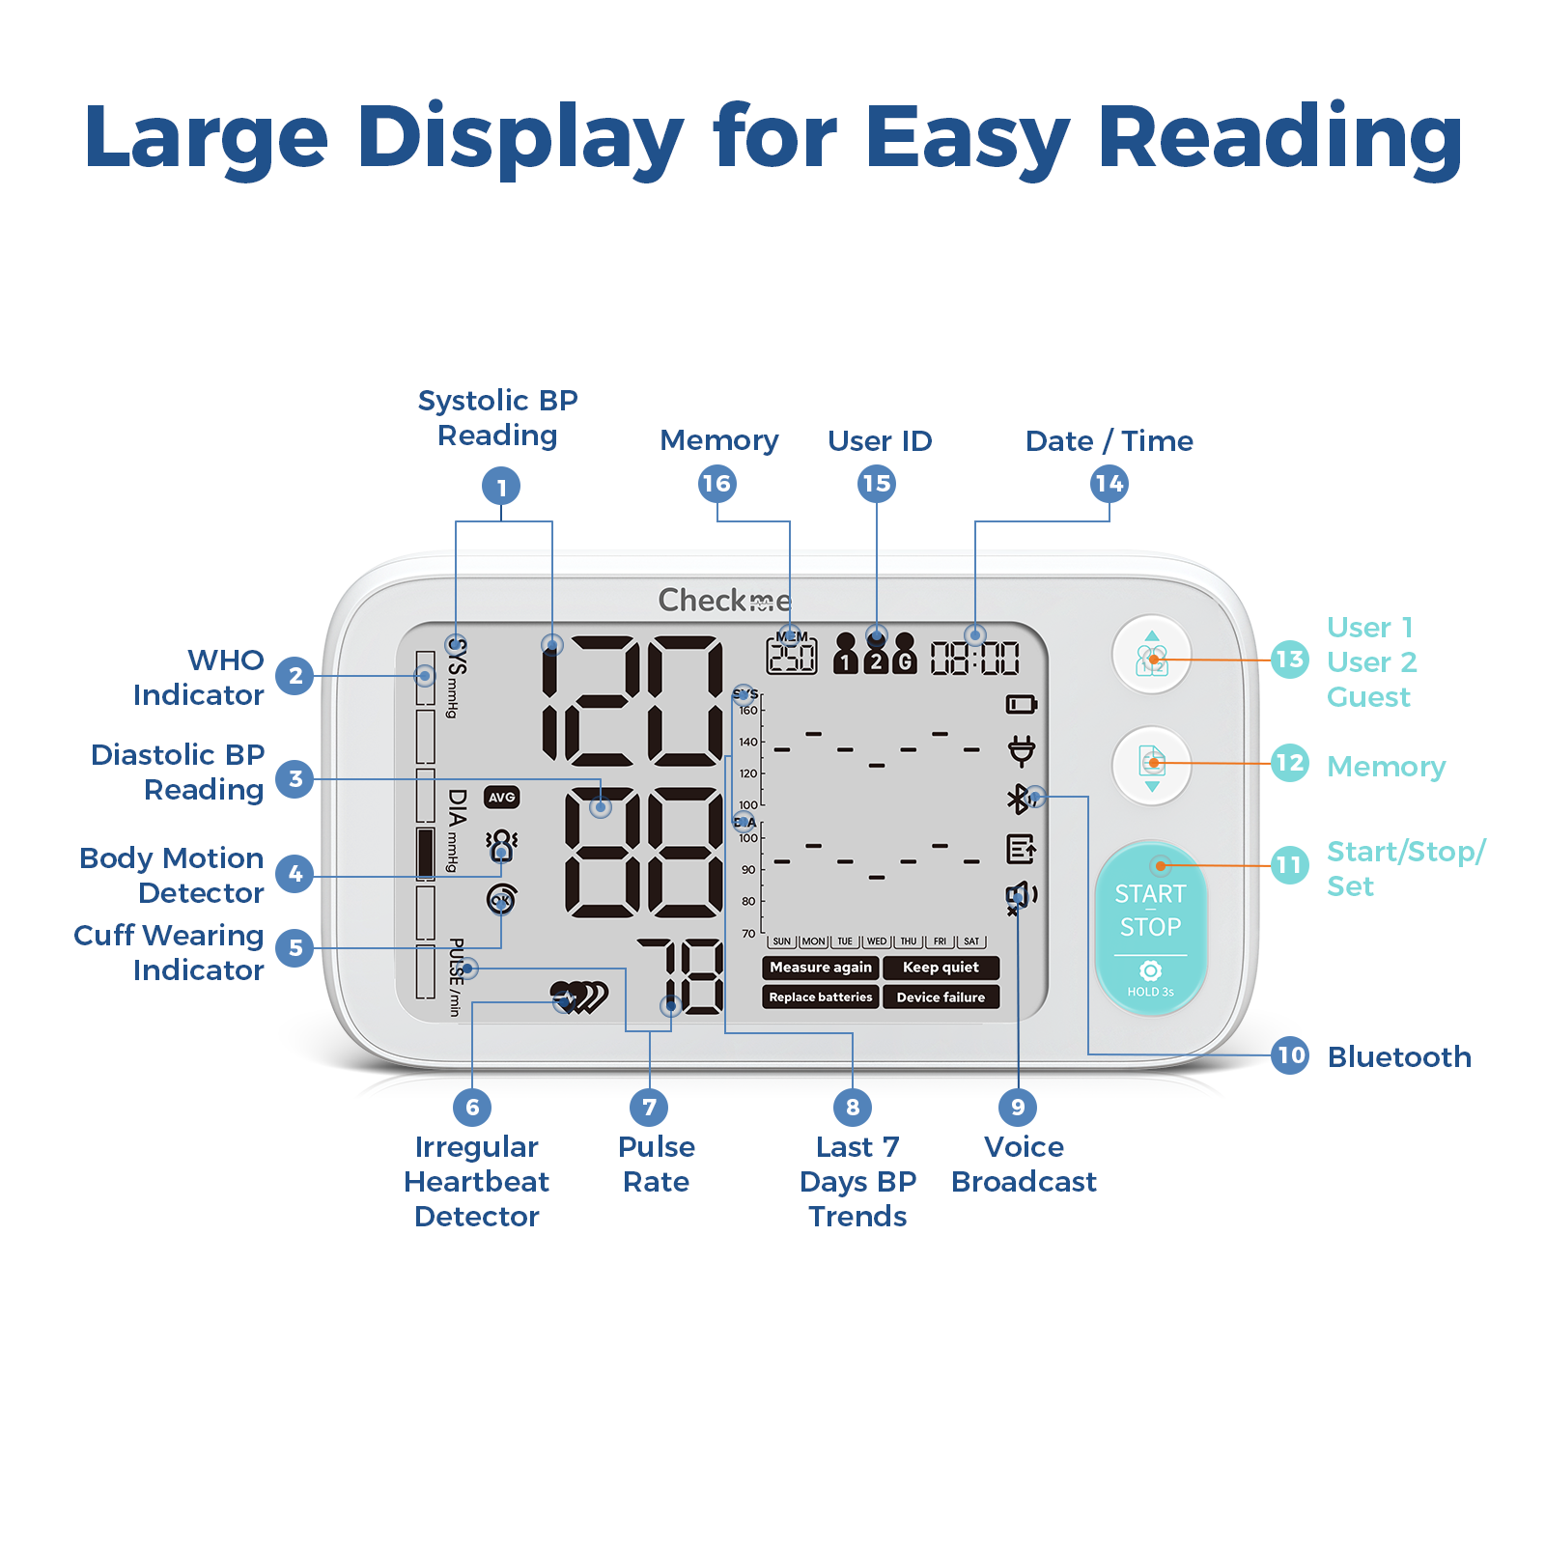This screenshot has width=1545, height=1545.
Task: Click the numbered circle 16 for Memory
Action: click(716, 484)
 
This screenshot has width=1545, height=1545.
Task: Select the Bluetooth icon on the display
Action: click(1018, 799)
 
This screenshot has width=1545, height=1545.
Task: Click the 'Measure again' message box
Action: click(821, 968)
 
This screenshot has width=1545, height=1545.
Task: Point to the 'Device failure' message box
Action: click(941, 997)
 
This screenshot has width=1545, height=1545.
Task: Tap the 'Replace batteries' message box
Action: click(821, 997)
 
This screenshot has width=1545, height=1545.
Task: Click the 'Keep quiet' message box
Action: click(941, 968)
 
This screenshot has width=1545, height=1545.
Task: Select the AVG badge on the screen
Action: click(501, 798)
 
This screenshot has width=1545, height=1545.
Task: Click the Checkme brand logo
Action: click(724, 601)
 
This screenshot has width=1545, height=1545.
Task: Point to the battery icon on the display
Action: click(1021, 704)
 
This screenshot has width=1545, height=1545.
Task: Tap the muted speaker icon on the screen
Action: click(1020, 897)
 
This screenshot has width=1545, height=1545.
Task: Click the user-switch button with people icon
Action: click(1151, 656)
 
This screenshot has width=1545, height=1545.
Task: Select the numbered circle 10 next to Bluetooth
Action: click(1291, 1054)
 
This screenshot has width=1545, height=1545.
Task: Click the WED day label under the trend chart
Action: click(876, 941)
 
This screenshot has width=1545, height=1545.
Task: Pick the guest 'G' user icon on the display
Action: click(905, 655)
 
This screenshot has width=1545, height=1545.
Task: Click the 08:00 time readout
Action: click(974, 660)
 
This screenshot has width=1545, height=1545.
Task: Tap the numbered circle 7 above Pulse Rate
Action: click(649, 1107)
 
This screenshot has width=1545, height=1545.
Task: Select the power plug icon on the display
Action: click(1021, 750)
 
